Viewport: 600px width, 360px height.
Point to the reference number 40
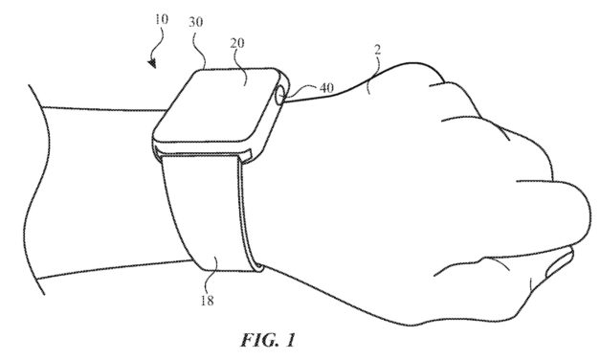pyautogui.click(x=325, y=89)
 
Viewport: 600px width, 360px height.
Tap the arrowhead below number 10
pyautogui.click(x=153, y=64)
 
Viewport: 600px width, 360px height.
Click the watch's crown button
pyautogui.click(x=278, y=95)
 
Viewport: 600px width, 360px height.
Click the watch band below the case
pyautogui.click(x=206, y=211)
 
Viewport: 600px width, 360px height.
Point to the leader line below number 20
pyautogui.click(x=240, y=61)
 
